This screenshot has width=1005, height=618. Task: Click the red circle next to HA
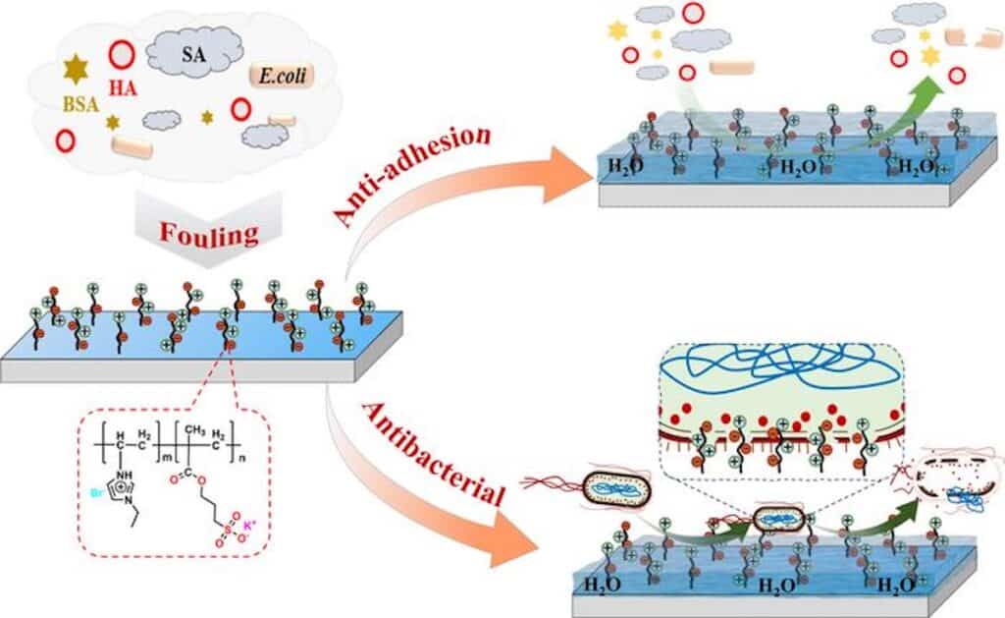click(122, 54)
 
